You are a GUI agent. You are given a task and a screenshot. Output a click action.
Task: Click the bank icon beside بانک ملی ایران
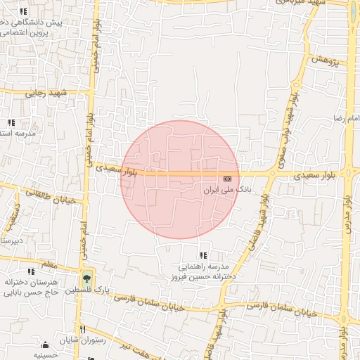(228, 179)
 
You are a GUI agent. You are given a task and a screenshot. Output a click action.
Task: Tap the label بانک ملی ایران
(226, 190)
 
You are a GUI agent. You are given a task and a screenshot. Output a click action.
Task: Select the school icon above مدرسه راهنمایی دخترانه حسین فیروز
(203, 256)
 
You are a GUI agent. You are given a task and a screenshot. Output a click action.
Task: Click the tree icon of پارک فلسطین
(86, 278)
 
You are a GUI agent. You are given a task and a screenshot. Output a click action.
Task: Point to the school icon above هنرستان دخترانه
(30, 271)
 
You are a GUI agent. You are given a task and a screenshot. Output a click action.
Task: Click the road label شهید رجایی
(45, 92)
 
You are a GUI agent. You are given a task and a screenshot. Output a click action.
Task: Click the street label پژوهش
(324, 61)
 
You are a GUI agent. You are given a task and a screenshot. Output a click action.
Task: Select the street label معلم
(49, 264)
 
